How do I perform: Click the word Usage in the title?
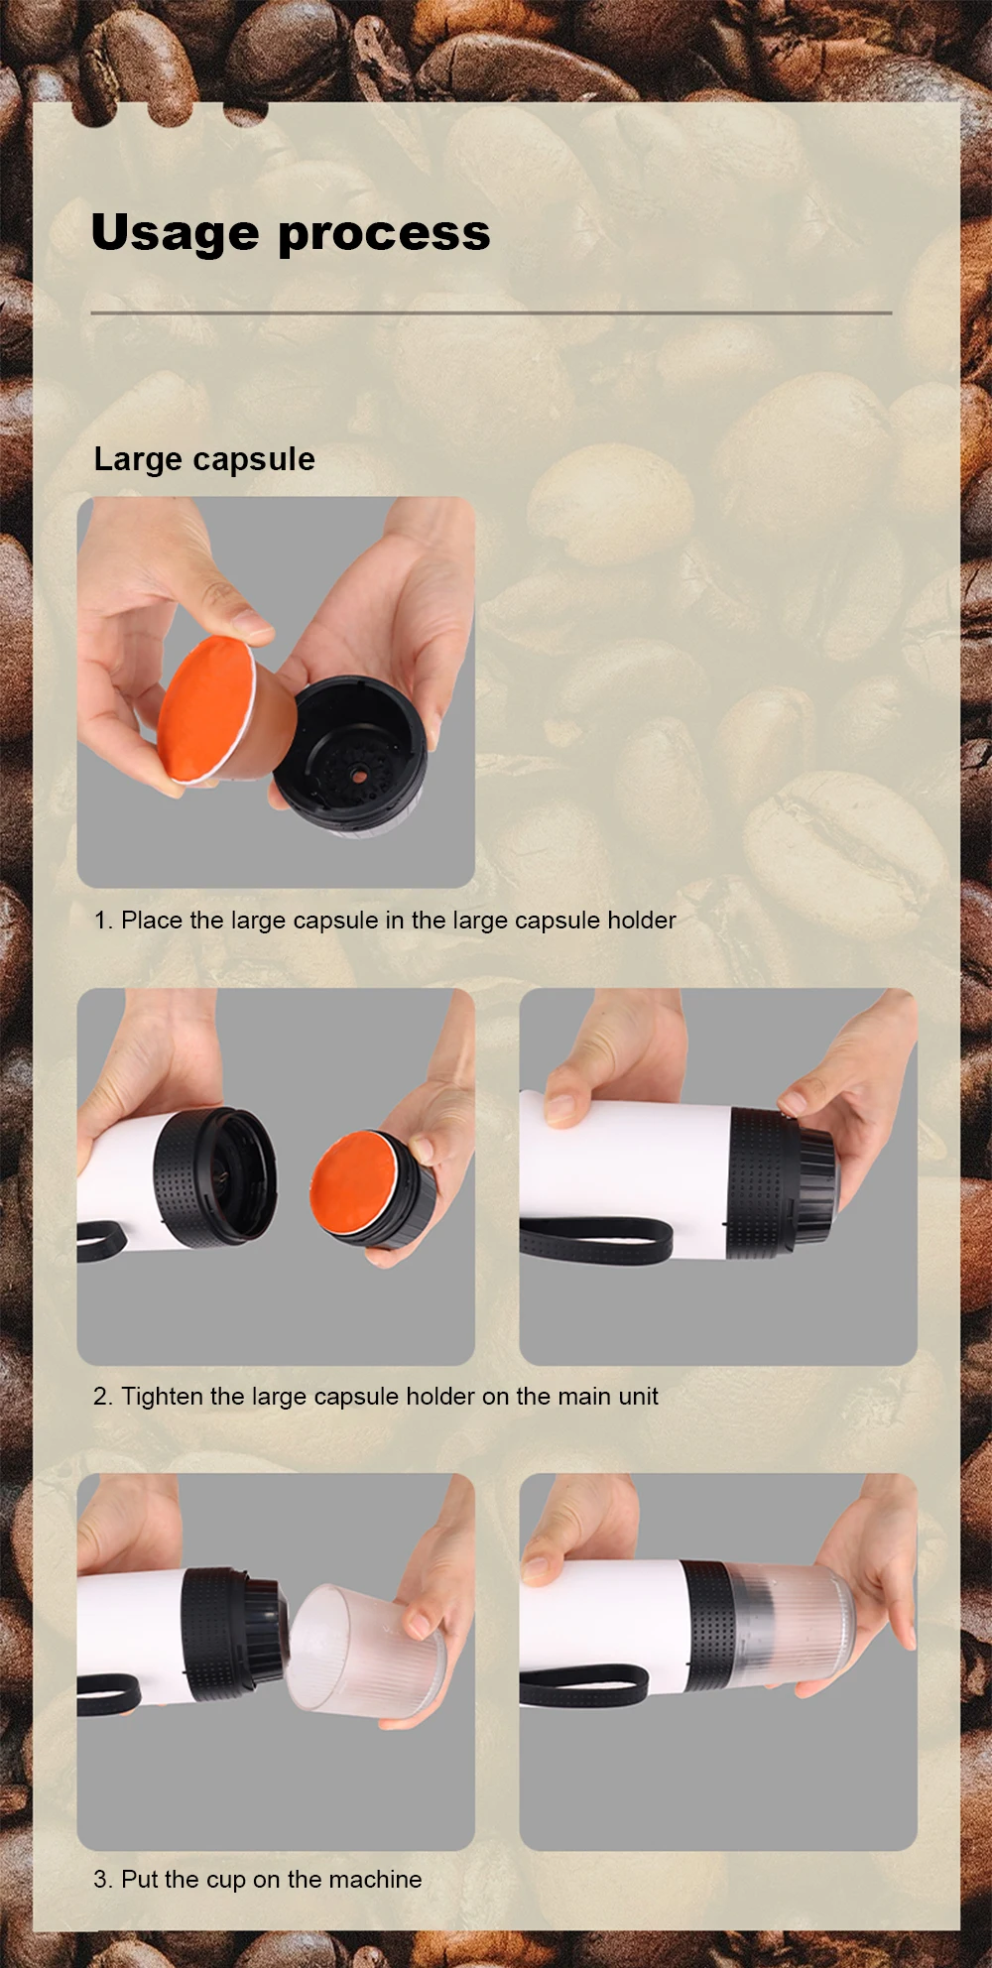pos(176,234)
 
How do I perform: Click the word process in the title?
pos(384,234)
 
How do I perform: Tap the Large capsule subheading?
pos(204,459)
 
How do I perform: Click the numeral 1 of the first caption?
pos(100,921)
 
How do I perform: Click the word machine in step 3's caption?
pos(375,1879)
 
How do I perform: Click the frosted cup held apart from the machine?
pos(365,1651)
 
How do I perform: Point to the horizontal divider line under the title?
pos(491,312)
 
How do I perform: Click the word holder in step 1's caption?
pos(642,921)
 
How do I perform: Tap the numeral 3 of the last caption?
pos(100,1879)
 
